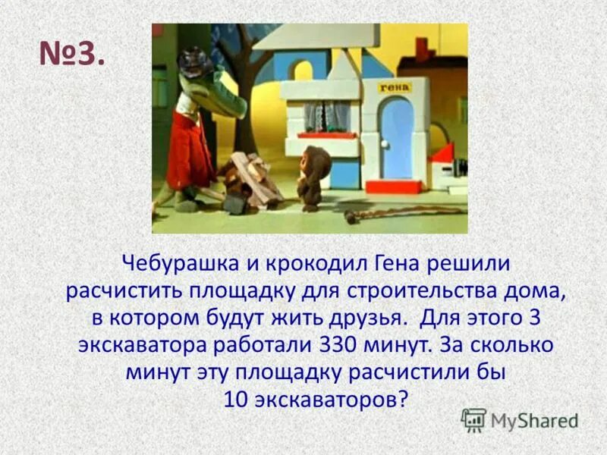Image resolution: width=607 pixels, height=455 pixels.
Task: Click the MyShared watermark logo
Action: (x=520, y=419)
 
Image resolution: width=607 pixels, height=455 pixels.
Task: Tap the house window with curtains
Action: (x=327, y=116)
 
